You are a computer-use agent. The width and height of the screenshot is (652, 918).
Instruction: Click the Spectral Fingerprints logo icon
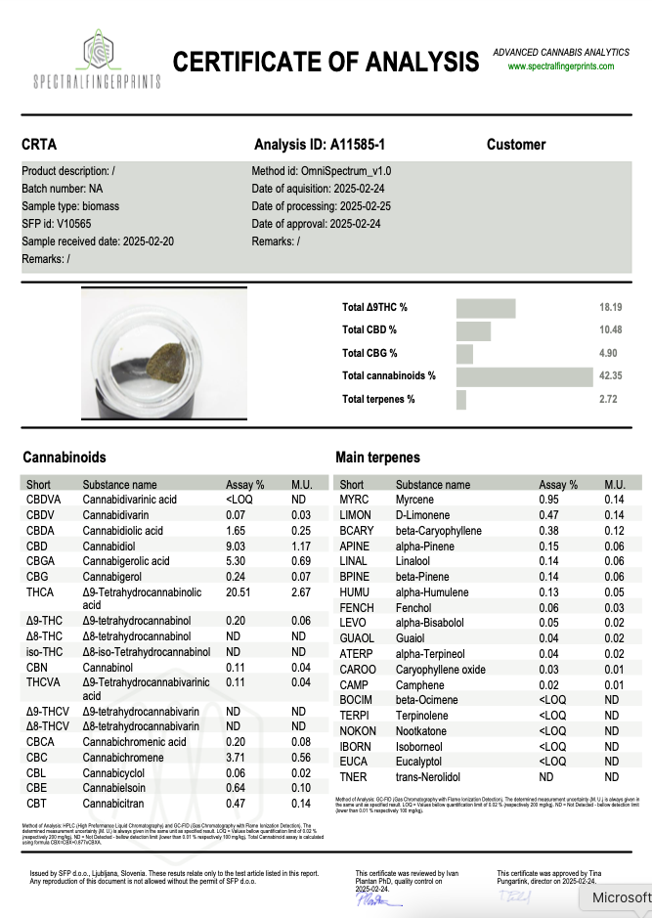[97, 49]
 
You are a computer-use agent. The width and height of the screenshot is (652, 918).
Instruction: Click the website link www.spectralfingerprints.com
[561, 66]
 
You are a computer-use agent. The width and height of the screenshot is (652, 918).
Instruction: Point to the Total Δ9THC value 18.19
[611, 307]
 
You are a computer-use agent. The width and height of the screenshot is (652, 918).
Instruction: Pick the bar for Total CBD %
[473, 330]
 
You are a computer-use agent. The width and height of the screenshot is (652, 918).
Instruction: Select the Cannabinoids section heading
[64, 457]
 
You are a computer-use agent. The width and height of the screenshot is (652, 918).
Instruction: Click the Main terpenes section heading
[377, 457]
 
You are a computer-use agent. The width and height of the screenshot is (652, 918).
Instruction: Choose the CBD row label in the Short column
[37, 546]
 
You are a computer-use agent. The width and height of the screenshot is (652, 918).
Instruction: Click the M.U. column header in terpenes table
[614, 485]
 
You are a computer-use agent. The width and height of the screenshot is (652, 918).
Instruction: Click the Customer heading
[516, 145]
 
